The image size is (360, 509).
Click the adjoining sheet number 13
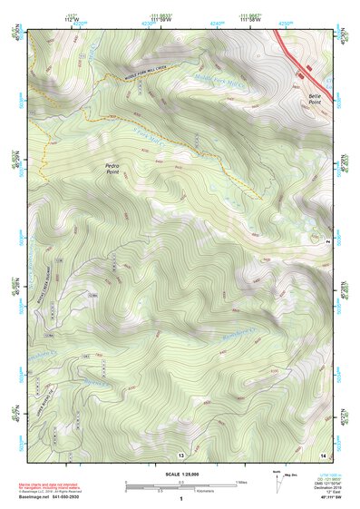(x=181, y=454)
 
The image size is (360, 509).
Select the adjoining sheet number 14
(x=322, y=453)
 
